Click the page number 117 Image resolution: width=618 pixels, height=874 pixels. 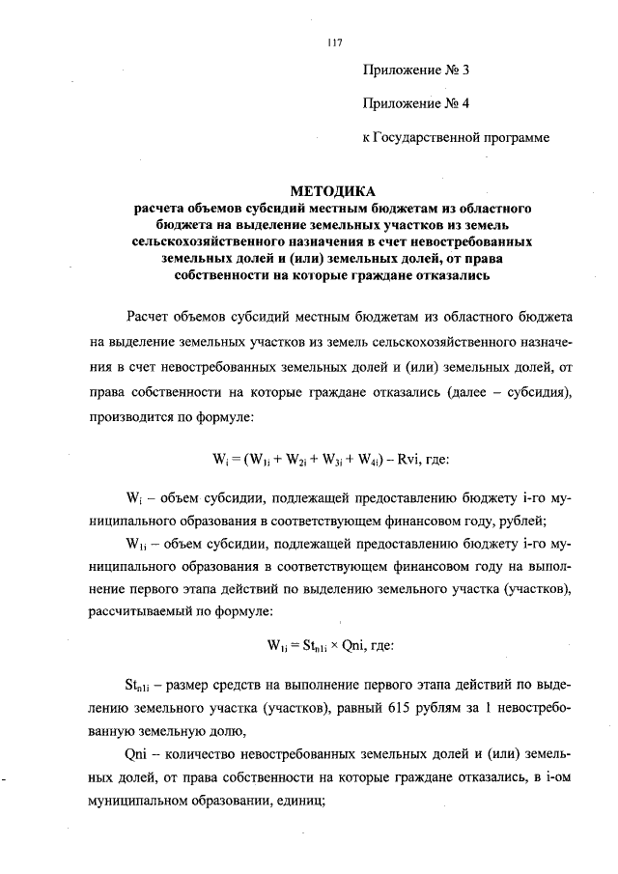[335, 42]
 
